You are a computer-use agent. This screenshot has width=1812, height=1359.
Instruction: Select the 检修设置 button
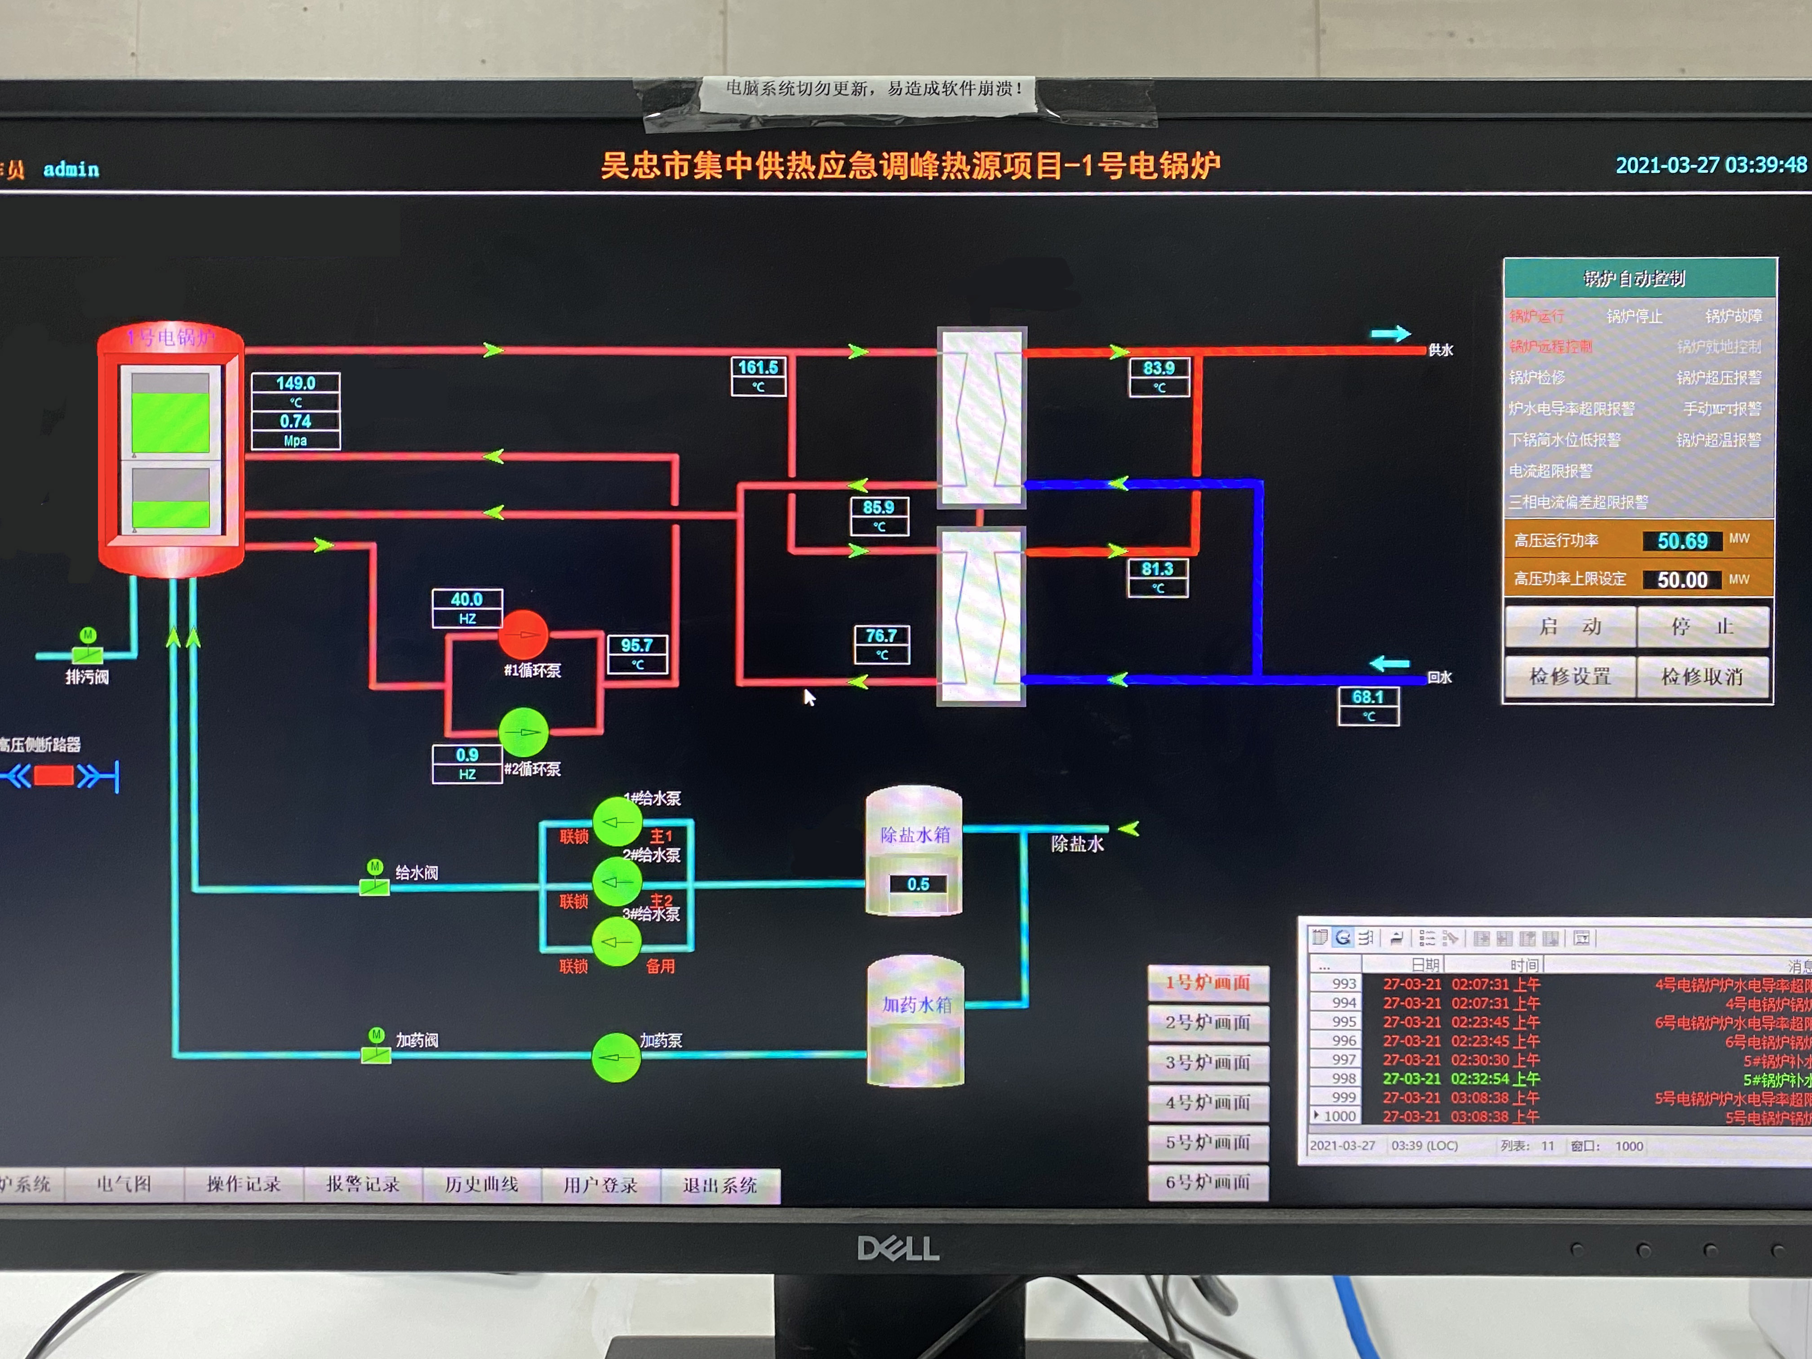(1569, 677)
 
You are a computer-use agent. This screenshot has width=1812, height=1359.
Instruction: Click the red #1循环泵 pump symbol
(524, 633)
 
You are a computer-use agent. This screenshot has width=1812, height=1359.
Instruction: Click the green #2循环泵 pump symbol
(524, 732)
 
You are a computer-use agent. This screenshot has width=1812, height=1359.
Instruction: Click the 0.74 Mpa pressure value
(296, 421)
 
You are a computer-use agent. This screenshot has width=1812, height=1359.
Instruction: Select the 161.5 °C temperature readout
(758, 368)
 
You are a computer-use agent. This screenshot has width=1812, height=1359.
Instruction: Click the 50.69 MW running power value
(1682, 541)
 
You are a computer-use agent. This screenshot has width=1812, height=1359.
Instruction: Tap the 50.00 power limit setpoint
(1682, 580)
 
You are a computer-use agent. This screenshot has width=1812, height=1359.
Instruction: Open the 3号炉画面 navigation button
(1208, 1062)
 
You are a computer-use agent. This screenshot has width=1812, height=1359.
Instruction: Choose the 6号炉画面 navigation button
(1208, 1182)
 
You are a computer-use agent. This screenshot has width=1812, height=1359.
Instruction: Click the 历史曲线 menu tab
(482, 1185)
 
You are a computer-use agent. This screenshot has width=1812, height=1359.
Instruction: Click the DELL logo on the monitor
(898, 1248)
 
